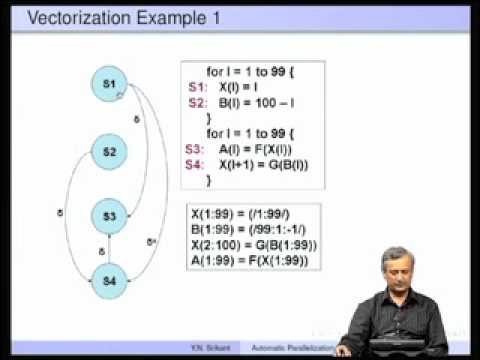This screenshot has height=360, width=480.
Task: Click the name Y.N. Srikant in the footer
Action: [214, 352]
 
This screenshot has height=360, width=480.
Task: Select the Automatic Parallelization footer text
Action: [291, 352]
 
